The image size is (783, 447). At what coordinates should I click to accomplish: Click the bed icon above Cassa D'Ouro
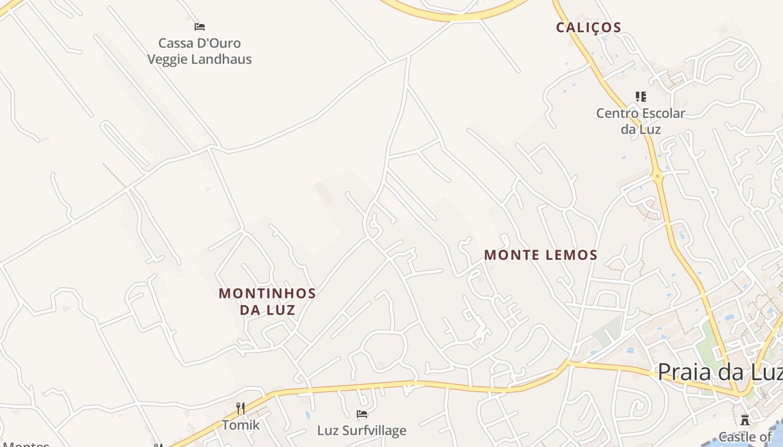[x=200, y=26]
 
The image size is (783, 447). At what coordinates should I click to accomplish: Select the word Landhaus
[x=224, y=59]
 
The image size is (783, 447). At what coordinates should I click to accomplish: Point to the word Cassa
[x=176, y=43]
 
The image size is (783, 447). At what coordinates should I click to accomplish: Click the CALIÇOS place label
[x=588, y=27]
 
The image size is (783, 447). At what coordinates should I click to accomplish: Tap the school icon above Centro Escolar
[x=641, y=97]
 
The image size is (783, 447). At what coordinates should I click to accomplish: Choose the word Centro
[x=616, y=113]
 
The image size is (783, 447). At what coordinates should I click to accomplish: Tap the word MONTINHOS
[x=267, y=293]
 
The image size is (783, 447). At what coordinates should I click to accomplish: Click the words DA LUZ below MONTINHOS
[x=267, y=310]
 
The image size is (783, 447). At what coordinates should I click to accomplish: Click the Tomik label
[x=241, y=425]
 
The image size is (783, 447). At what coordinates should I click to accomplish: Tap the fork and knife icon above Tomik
[x=240, y=408]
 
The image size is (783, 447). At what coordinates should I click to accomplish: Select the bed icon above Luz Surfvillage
[x=362, y=414]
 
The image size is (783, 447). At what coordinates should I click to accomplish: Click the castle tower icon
[x=745, y=420]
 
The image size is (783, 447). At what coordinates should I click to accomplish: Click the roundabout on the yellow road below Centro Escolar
[x=658, y=177]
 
